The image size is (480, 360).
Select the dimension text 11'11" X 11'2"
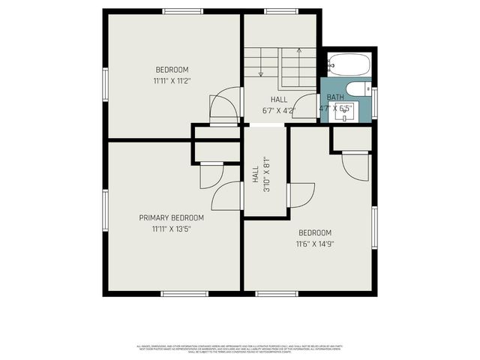point(171,79)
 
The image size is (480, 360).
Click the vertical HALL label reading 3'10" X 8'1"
point(260,179)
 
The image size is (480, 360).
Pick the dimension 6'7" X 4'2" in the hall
point(278,110)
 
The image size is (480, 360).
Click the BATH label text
point(334,97)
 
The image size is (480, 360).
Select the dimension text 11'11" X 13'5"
point(171,229)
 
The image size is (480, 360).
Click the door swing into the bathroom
point(306,106)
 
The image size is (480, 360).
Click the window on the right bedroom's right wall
point(374,225)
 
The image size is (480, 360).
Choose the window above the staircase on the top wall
point(280,11)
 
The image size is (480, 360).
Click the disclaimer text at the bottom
point(240,349)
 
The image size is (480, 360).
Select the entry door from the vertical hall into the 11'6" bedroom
point(300,195)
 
